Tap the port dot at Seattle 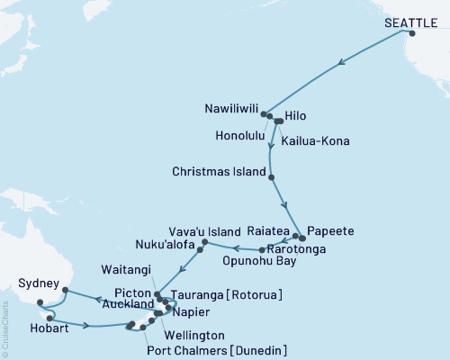click(x=412, y=33)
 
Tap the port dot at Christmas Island click(x=271, y=177)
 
